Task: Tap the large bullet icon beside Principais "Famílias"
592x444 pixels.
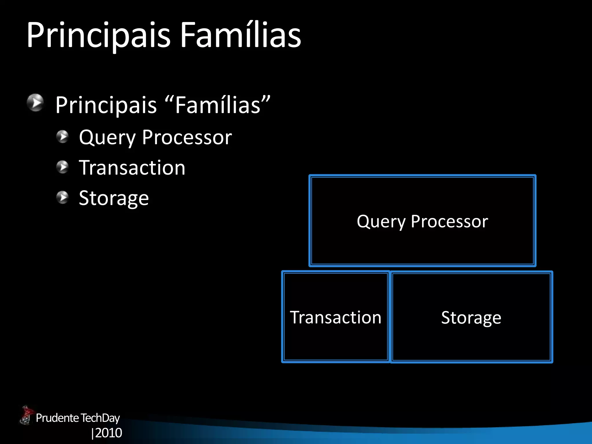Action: (35, 103)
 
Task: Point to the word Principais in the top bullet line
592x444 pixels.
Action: (106, 105)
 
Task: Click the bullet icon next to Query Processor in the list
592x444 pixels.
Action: (62, 136)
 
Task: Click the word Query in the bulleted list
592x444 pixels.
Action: (107, 138)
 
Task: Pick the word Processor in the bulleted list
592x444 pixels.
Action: (187, 137)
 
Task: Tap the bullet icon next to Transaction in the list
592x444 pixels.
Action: (62, 167)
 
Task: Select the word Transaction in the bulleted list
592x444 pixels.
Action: (132, 168)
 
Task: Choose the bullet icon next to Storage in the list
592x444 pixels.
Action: (62, 197)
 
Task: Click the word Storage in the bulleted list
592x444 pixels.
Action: (114, 199)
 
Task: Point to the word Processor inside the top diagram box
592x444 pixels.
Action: (449, 221)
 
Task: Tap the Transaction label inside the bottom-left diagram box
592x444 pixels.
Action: (336, 317)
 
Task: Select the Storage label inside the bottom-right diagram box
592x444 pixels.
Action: (471, 318)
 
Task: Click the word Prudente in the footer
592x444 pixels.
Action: (57, 418)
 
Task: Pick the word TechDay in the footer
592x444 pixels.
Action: (100, 418)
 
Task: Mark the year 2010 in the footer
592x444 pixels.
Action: (108, 433)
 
